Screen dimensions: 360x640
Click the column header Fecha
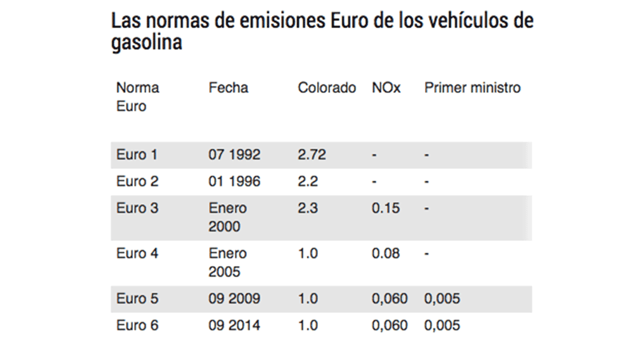[x=228, y=88]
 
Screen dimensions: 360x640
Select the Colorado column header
[x=326, y=88]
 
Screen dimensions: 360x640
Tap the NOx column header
[x=386, y=88]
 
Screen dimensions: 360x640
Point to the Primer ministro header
[x=472, y=88]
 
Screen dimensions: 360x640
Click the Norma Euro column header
[x=138, y=97]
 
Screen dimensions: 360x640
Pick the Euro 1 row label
[x=137, y=155]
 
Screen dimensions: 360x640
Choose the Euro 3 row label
[x=137, y=208]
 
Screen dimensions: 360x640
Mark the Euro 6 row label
[x=137, y=325]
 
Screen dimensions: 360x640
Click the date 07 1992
[x=234, y=155]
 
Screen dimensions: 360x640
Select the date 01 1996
[x=234, y=182]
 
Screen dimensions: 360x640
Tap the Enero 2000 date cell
[x=228, y=217]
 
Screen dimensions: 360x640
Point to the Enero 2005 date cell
[x=228, y=262]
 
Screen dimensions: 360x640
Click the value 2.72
[x=311, y=155]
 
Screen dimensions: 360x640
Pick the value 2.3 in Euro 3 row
[x=308, y=208]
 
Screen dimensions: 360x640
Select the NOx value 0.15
[x=386, y=208]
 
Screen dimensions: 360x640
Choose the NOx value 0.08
[x=386, y=253]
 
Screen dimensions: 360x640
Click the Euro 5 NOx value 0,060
[x=389, y=299]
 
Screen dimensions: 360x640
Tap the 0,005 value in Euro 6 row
[x=442, y=325]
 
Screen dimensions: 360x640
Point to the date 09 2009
[x=234, y=299]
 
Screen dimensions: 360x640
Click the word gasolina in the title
[x=147, y=43]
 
